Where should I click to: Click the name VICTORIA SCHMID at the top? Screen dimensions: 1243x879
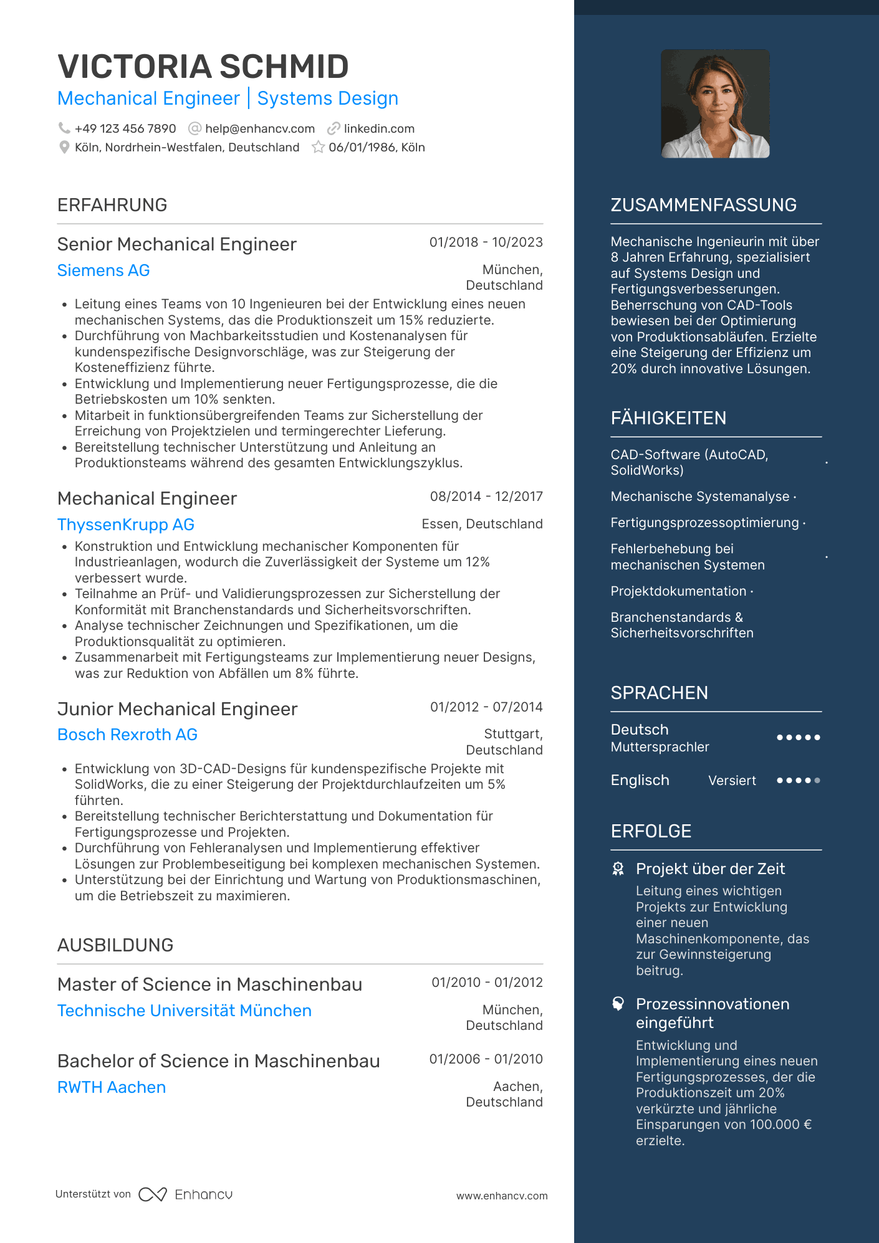[x=203, y=67]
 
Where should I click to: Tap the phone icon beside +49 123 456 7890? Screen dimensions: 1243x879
[x=64, y=128]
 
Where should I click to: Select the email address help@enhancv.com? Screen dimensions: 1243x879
[x=259, y=128]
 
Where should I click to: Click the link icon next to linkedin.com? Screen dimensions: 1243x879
[x=334, y=128]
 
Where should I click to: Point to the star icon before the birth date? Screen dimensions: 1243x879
[x=318, y=147]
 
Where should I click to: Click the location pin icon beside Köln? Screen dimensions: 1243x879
[x=64, y=147]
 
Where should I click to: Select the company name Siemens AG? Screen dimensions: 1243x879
[x=103, y=270]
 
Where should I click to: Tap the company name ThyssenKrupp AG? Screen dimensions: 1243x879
[x=126, y=525]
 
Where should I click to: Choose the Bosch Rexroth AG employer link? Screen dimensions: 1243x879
[x=127, y=735]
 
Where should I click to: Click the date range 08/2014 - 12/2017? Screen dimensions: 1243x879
[x=486, y=497]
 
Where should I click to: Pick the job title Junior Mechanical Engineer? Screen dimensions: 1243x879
[x=177, y=709]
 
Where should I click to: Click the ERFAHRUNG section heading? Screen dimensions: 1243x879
[x=112, y=205]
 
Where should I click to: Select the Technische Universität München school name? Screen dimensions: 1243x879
[x=184, y=1011]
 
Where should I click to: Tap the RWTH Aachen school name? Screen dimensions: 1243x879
[x=112, y=1087]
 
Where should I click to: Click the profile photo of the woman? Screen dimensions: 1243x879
[x=715, y=104]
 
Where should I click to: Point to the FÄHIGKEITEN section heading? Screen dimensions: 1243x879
[x=668, y=418]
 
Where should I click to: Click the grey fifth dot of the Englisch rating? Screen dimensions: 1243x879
[x=817, y=780]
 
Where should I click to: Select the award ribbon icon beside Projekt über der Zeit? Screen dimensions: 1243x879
[x=618, y=869]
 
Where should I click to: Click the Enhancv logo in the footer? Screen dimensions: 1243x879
[x=186, y=1194]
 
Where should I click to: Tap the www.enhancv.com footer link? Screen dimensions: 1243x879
[x=502, y=1196]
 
